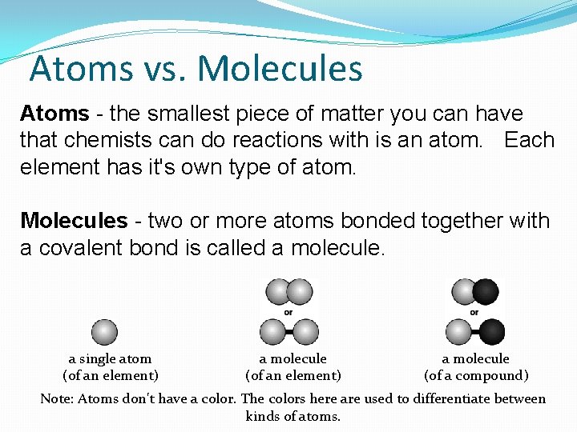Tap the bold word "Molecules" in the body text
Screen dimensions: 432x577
pos(74,221)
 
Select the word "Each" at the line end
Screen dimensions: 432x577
pos(529,140)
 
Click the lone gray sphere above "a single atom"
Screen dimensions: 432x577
pos(104,331)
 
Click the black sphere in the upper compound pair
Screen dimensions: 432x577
pos(485,291)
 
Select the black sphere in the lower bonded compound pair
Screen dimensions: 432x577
pos(491,331)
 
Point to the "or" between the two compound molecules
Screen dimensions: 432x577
pos(474,312)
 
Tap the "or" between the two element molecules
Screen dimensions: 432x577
pos(288,312)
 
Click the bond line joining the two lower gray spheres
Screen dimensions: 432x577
pos(288,331)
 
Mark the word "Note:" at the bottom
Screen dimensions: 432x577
pos(57,398)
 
